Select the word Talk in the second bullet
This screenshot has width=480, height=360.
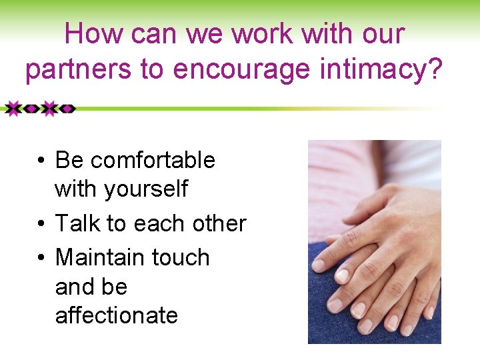[x=77, y=223]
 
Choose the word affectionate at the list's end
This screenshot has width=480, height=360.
[x=116, y=315]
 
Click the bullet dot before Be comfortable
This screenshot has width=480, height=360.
[x=41, y=161]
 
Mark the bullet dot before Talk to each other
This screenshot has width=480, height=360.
[x=41, y=224]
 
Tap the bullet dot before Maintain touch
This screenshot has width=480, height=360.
[x=41, y=258]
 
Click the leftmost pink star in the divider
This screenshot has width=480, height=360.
[x=11, y=108]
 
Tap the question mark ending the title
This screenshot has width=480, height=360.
[x=434, y=69]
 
